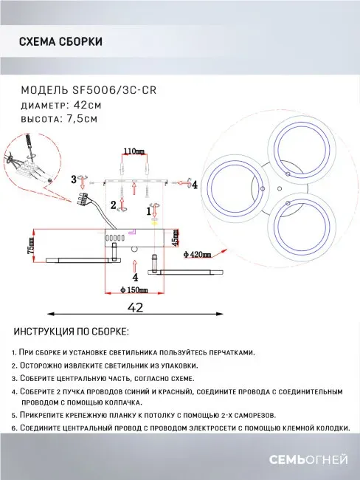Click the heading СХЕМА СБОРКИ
[60, 41]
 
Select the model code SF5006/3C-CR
[114, 90]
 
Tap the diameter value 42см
[88, 105]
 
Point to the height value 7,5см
[82, 118]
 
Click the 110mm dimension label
[134, 151]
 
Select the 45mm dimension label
[175, 236]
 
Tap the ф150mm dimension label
[134, 289]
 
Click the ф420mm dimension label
[197, 254]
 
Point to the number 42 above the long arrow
[136, 307]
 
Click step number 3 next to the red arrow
[74, 179]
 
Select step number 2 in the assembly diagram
[114, 205]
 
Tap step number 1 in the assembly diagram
[149, 211]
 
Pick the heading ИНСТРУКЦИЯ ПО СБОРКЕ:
[72, 332]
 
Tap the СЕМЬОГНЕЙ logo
[308, 459]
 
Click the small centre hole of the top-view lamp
[279, 188]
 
